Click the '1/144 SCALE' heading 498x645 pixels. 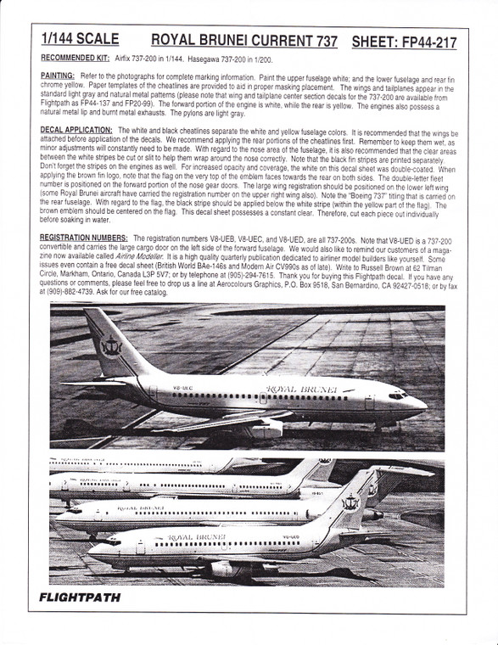(x=81, y=40)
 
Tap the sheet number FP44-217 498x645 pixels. (x=421, y=40)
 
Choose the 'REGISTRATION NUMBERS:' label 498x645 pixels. (x=84, y=238)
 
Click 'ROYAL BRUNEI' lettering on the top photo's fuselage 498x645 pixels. (x=301, y=389)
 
